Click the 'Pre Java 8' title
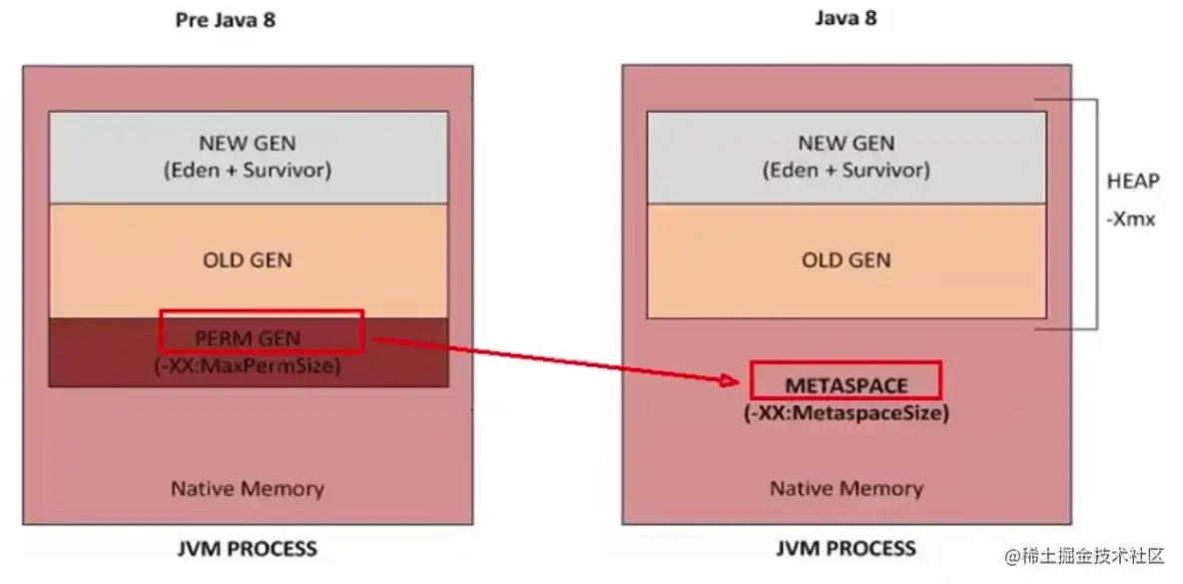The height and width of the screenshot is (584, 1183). point(226,21)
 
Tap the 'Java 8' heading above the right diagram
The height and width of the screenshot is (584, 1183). point(846,18)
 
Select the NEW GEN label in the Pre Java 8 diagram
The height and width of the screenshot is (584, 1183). point(248,144)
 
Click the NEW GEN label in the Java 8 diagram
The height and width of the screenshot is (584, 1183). point(846,144)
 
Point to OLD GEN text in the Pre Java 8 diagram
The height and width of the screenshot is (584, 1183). point(248,260)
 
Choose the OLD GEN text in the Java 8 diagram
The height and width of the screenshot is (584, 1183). point(846,260)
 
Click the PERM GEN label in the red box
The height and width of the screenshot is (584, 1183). point(249,337)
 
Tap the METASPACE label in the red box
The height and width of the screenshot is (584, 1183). point(845,385)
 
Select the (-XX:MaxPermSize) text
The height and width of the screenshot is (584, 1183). point(248,365)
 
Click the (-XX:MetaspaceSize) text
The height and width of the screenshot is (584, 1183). point(846,412)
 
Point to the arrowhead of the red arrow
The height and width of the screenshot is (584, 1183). point(739,380)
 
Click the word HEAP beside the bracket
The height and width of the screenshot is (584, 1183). point(1133,182)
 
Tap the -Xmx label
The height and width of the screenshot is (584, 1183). point(1131,219)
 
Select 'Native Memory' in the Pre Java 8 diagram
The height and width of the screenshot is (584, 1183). point(248,489)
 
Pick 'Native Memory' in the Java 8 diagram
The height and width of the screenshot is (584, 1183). point(846,489)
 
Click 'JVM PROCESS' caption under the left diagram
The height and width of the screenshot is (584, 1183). point(248,548)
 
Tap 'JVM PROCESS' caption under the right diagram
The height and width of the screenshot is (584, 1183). point(846,548)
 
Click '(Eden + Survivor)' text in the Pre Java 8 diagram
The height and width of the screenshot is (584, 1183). point(248,170)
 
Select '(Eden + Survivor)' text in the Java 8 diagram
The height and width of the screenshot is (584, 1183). point(846,170)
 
